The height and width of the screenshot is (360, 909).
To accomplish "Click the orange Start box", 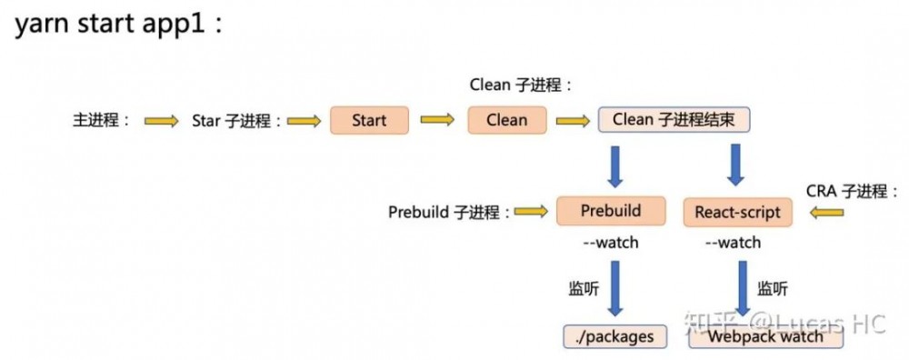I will click(x=369, y=120).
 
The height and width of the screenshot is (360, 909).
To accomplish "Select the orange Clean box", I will click(x=506, y=120).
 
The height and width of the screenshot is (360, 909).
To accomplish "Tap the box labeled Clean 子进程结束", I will click(x=674, y=120).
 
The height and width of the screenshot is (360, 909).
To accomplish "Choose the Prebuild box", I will click(x=610, y=212).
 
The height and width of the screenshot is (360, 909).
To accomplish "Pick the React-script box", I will click(x=737, y=213).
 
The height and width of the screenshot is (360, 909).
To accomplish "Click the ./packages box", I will click(x=615, y=336).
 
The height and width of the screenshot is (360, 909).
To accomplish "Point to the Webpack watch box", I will click(x=765, y=336).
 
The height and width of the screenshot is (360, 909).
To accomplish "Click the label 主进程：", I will click(x=102, y=120).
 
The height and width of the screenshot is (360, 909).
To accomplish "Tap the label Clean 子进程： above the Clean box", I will click(x=521, y=85).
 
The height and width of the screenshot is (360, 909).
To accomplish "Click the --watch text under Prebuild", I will click(x=610, y=243).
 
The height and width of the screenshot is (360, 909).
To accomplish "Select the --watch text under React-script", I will click(x=733, y=243).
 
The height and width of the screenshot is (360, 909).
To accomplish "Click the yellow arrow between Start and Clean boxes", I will click(x=437, y=120).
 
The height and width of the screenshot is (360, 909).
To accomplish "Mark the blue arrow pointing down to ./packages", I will click(x=614, y=288).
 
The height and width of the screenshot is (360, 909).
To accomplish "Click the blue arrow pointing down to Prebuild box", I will click(x=610, y=165).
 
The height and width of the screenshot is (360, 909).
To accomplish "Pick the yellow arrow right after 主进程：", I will click(x=162, y=120).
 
